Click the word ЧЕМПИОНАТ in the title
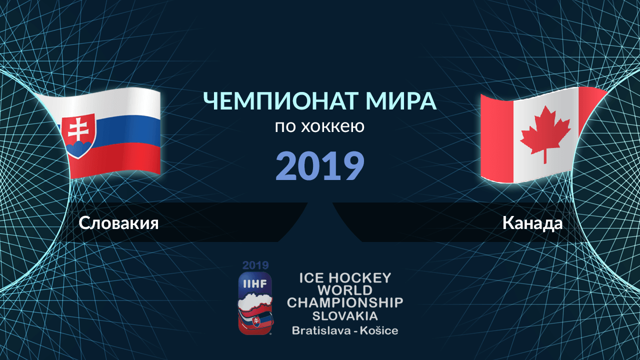click(281, 101)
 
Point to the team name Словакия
click(118, 223)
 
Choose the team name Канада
click(532, 223)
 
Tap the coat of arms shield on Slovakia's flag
click(78, 136)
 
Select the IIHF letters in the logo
click(255, 283)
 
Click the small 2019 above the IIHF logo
click(255, 265)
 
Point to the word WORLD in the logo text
click(345, 290)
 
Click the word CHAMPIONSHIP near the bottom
click(345, 303)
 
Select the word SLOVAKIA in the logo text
click(345, 316)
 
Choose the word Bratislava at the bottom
click(321, 330)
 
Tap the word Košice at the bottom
click(379, 330)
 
